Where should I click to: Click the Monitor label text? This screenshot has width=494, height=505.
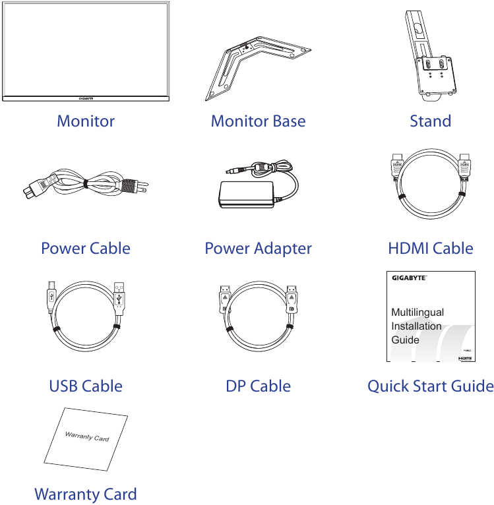pyautogui.click(x=86, y=121)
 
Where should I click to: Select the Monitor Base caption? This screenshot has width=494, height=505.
pyautogui.click(x=258, y=121)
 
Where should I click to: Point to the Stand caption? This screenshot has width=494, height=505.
pyautogui.click(x=430, y=121)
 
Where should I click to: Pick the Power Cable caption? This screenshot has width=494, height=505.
pyautogui.click(x=86, y=249)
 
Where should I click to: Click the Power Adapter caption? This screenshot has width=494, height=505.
pyautogui.click(x=258, y=249)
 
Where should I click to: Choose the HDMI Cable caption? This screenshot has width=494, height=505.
pyautogui.click(x=430, y=249)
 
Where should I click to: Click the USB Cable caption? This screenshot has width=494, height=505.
pyautogui.click(x=86, y=386)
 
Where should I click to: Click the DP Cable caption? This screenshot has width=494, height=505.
pyautogui.click(x=258, y=386)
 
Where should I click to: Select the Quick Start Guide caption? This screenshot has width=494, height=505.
pyautogui.click(x=430, y=386)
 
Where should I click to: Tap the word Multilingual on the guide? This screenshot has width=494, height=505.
pyautogui.click(x=417, y=312)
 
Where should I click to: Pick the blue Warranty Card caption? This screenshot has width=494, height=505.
pyautogui.click(x=86, y=494)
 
